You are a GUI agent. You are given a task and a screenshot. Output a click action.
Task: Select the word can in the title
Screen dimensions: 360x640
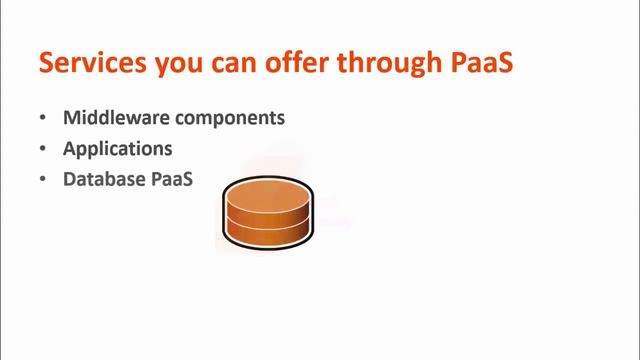point(227,64)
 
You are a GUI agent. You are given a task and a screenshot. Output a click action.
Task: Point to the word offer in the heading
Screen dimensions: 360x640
point(286,63)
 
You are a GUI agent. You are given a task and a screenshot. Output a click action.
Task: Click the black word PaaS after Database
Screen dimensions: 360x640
point(171,180)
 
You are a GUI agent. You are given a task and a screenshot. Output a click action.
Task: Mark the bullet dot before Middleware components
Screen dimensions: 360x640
point(42,118)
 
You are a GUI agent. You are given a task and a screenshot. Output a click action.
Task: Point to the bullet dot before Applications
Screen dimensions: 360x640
point(42,149)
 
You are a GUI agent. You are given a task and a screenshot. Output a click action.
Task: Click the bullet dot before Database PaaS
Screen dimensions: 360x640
point(42,180)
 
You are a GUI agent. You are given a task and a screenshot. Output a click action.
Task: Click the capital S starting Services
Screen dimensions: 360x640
point(46,63)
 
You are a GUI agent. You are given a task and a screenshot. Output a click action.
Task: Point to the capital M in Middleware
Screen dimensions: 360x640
point(71,118)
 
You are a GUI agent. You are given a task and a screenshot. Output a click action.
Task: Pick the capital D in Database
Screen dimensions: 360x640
point(70,180)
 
